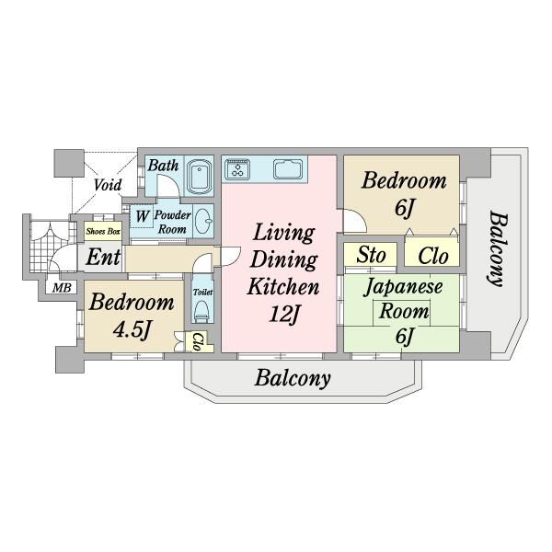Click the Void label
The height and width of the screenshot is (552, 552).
[x=108, y=185]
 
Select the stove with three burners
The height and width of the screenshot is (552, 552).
[x=238, y=168]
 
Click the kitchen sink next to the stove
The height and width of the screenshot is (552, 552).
[x=288, y=168]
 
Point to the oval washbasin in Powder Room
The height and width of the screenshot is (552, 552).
[x=203, y=221]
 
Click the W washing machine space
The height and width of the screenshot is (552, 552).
[x=142, y=216]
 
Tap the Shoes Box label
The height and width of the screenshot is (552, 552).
[x=103, y=231]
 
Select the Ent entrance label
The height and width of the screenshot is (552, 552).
[x=103, y=257]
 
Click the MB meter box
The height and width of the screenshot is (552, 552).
[x=62, y=288]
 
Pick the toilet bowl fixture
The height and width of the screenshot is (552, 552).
[x=202, y=310]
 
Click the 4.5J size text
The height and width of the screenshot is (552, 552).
[x=132, y=330]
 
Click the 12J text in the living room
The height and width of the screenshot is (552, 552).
[x=284, y=314]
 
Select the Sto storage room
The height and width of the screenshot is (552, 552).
[x=371, y=255]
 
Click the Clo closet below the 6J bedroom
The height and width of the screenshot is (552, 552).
[x=432, y=255]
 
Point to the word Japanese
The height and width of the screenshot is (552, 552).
[x=403, y=286]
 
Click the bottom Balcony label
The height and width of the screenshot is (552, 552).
[x=293, y=378]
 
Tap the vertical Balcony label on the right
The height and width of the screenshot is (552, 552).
[x=498, y=248]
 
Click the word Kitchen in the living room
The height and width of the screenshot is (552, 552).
[x=283, y=286]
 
